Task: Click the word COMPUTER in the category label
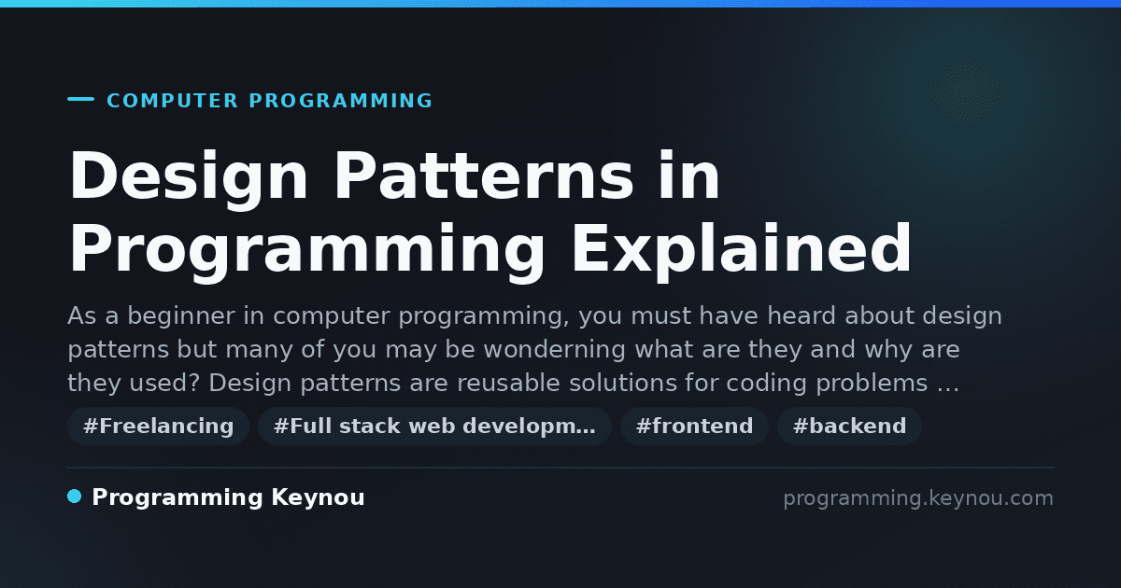click(x=172, y=101)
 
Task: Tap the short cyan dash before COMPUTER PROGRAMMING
click(x=80, y=99)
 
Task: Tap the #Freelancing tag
click(x=158, y=426)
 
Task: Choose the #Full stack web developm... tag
click(x=434, y=426)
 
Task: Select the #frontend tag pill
click(x=694, y=426)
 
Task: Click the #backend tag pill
click(x=849, y=426)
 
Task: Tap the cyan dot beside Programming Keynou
click(x=75, y=497)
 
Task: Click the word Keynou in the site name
click(x=318, y=497)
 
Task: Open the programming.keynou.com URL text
click(x=918, y=498)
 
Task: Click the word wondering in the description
click(x=554, y=349)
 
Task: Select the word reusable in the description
click(x=508, y=383)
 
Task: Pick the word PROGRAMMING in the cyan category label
click(x=340, y=101)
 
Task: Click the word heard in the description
click(x=802, y=316)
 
